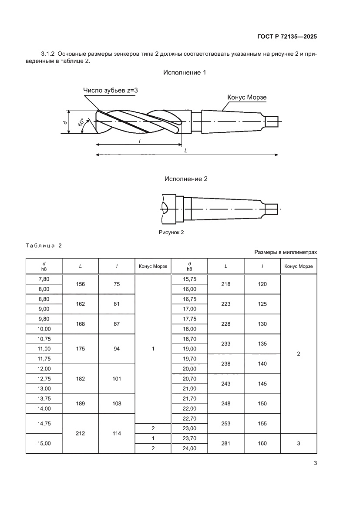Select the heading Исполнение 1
pos(185,72)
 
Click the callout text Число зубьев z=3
pos(111,90)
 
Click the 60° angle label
pos(81,122)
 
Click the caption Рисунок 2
pos(172,233)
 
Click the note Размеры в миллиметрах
pos(286,252)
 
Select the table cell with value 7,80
pos(44,279)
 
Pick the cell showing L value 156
pos(81,284)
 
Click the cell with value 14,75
pos(44,423)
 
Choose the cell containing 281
pos(226,443)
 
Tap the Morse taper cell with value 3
pos(299,443)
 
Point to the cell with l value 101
pos(117,378)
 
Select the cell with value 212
pos(81,433)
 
